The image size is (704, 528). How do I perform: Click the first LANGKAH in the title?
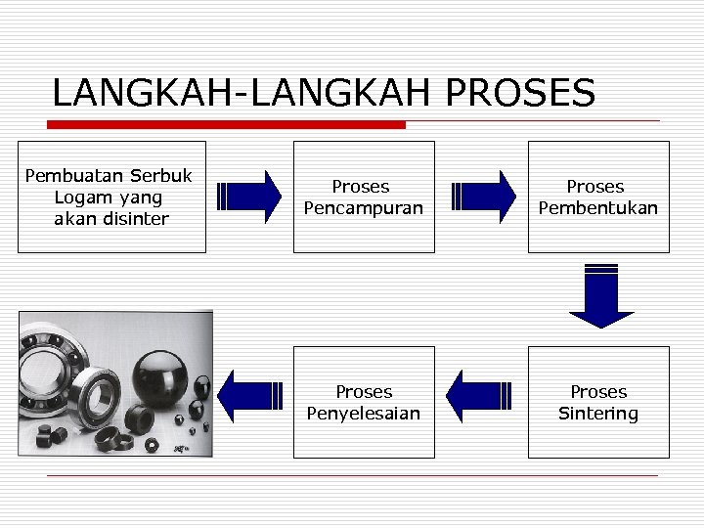point(146,94)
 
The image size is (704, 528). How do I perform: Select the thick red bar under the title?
point(227,125)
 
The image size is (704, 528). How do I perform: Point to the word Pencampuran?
point(363,208)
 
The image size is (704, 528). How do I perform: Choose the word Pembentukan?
point(597,208)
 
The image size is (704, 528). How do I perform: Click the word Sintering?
point(597,414)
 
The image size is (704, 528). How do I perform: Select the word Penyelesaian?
point(363,414)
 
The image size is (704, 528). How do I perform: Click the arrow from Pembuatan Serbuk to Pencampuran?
point(249,198)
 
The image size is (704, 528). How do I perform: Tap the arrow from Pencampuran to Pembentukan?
point(484,198)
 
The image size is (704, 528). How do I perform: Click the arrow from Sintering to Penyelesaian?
point(479,396)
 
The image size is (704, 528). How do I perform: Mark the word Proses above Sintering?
point(597,392)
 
